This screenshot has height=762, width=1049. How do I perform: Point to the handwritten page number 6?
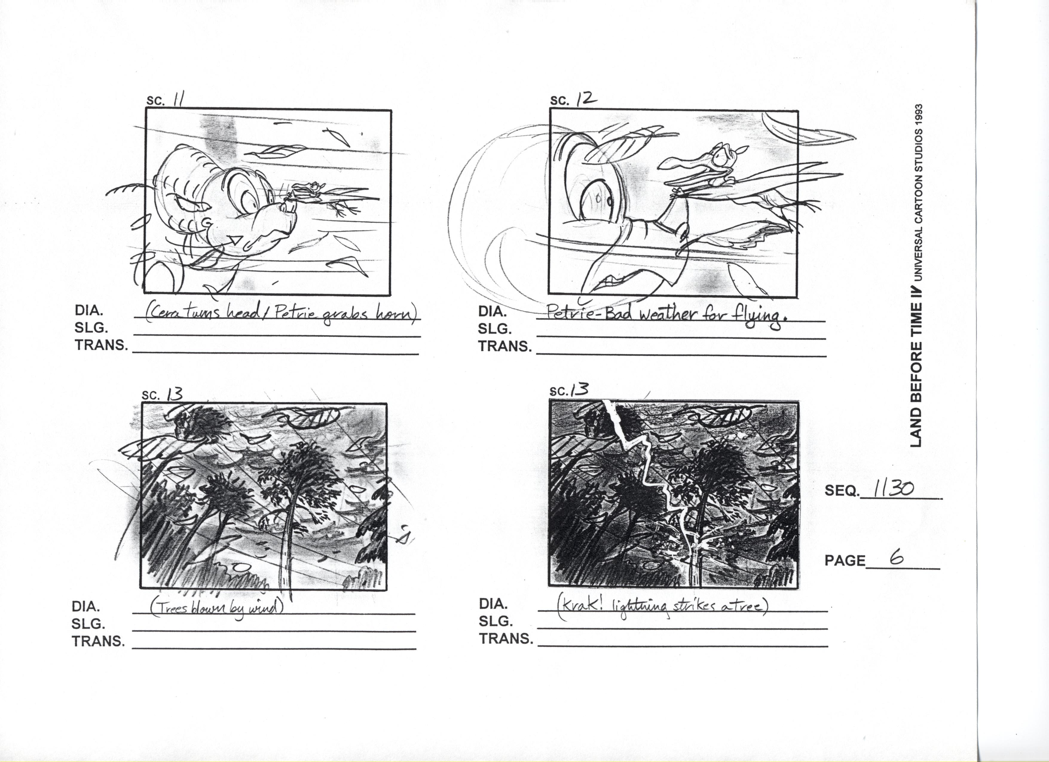point(897,558)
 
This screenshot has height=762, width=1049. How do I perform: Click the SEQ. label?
point(842,491)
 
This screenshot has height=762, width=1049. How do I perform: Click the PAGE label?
point(845,561)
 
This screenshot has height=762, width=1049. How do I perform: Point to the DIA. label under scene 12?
point(491,312)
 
